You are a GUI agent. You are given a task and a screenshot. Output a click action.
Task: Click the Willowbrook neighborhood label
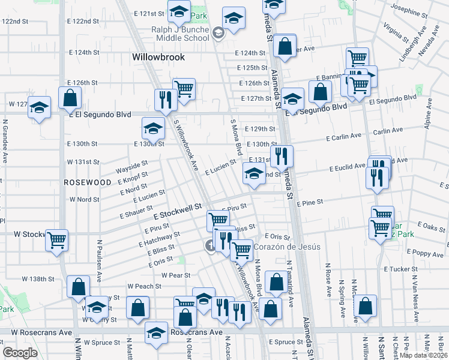coord(158,58)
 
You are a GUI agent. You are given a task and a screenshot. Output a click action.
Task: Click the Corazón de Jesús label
coord(287,247)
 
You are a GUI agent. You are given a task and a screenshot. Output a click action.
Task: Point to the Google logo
coord(20,353)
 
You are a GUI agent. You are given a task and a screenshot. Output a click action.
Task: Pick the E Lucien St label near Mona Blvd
coord(220,167)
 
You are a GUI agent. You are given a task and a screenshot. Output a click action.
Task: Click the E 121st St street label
coord(149,13)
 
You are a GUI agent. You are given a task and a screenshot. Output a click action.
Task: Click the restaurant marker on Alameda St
coord(282,157)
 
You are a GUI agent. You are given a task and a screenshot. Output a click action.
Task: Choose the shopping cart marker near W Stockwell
coord(57,241)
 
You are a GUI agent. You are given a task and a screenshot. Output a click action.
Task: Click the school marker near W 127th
coord(40,108)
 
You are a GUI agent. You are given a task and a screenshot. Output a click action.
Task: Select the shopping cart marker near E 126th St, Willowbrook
coord(184,89)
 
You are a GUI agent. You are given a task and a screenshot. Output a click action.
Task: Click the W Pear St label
coord(176,275)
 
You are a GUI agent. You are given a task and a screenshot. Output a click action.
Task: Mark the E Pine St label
coord(310,203)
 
